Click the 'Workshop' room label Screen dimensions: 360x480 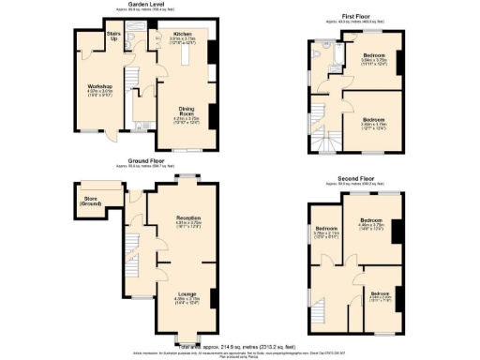(x=87, y=86)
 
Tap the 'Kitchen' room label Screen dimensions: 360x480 (x=182, y=33)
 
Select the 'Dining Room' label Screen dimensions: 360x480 (x=184, y=112)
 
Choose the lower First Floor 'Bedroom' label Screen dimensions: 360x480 (x=373, y=119)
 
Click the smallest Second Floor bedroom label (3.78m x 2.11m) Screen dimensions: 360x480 (x=325, y=229)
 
